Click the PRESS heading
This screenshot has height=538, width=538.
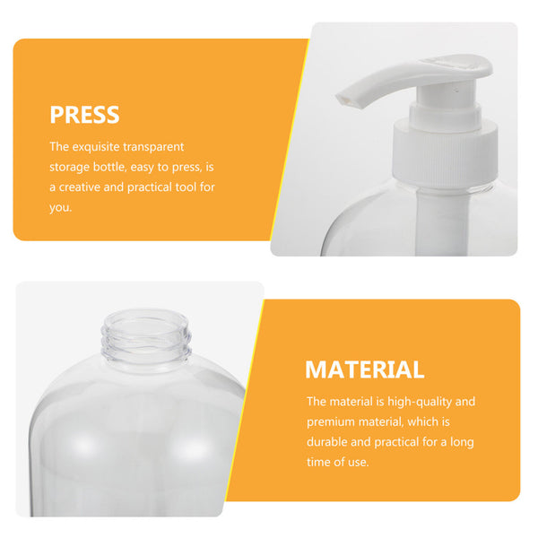84,115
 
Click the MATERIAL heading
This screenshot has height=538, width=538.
364,369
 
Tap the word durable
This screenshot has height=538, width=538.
330,442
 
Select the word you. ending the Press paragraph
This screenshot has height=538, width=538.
60,207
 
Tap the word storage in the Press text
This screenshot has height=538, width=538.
72,167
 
